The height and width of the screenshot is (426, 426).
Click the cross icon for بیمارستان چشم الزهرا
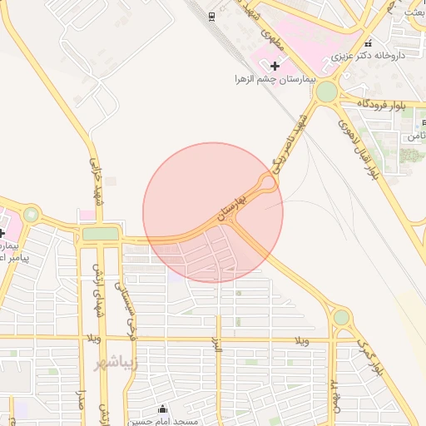tap(275, 64)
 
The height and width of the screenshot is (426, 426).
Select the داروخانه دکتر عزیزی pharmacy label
tap(368, 57)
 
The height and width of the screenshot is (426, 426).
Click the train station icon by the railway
tap(212, 17)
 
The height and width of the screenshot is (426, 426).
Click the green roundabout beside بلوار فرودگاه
tap(327, 91)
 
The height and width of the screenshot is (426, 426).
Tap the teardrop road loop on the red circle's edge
tap(268, 183)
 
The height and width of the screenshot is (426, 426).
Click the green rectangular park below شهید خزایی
tap(100, 235)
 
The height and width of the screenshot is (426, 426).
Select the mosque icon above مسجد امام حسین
tap(162, 409)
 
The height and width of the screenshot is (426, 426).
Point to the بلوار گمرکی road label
tap(372, 354)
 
